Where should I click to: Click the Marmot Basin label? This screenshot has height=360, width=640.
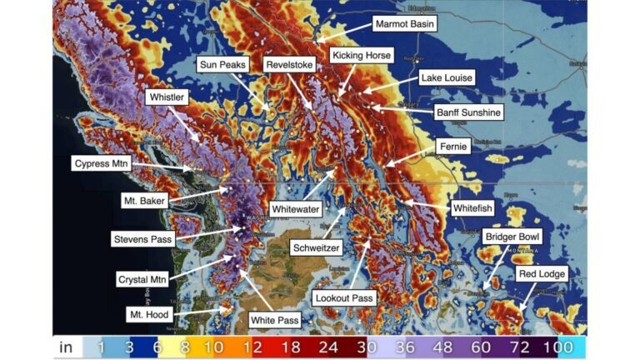tap(405, 24)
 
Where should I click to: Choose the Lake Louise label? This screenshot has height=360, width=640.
tap(447, 77)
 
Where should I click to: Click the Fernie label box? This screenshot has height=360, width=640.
tap(453, 146)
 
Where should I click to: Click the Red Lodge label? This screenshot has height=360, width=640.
tap(542, 273)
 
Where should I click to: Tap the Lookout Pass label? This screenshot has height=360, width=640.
tap(345, 297)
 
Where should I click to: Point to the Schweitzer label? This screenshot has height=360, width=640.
tap(317, 247)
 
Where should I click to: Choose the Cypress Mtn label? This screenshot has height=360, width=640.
tap(105, 163)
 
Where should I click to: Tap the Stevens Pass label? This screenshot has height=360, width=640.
tap(142, 239)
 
